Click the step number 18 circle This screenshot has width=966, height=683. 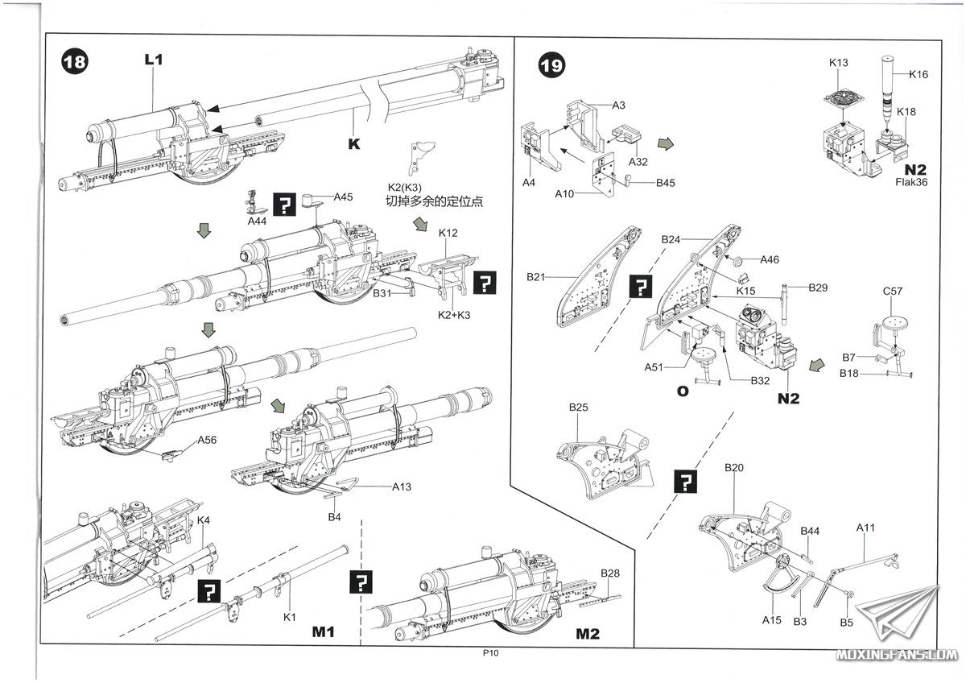(74, 63)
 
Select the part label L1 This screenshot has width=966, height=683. (154, 59)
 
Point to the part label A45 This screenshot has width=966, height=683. (344, 197)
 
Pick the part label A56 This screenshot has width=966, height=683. (208, 441)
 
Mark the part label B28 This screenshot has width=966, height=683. (610, 573)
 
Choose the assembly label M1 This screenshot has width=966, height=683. (323, 633)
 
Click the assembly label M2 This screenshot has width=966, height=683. (588, 634)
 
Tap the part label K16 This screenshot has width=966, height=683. (919, 74)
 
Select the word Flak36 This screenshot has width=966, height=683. (911, 181)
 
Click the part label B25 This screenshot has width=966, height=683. (578, 408)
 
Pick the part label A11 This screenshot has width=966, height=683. (865, 528)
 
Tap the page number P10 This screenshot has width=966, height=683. (492, 655)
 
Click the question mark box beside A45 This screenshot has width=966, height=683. (286, 204)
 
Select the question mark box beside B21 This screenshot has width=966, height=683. (641, 288)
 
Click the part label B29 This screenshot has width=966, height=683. (818, 288)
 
